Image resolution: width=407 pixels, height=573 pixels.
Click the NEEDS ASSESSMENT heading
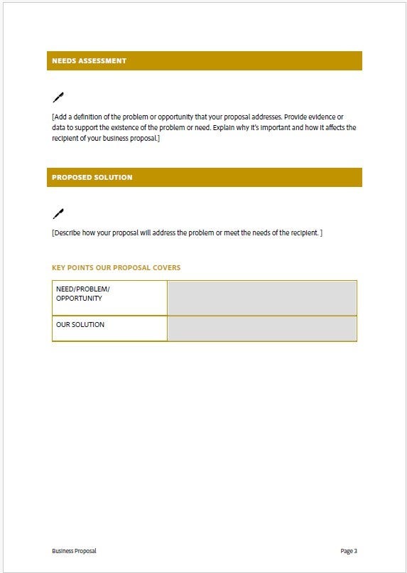(x=89, y=61)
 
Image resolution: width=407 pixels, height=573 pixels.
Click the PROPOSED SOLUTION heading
(x=92, y=178)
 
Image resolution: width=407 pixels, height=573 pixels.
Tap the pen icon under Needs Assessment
(x=58, y=97)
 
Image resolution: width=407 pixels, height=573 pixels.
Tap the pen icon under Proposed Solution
(x=58, y=213)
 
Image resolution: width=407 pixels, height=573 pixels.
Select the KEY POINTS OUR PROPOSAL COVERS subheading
(x=116, y=268)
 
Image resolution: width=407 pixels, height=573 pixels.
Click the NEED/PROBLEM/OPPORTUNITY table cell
(x=109, y=297)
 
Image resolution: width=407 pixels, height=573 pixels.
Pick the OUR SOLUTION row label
(x=80, y=325)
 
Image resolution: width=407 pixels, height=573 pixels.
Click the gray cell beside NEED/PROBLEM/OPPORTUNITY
(x=261, y=297)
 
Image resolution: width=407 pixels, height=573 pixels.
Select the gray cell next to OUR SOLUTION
(x=261, y=328)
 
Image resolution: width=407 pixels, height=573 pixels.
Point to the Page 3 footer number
(x=348, y=551)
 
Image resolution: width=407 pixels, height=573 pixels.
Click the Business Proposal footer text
(x=74, y=551)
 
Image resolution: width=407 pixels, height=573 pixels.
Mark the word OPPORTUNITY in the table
(x=79, y=299)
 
